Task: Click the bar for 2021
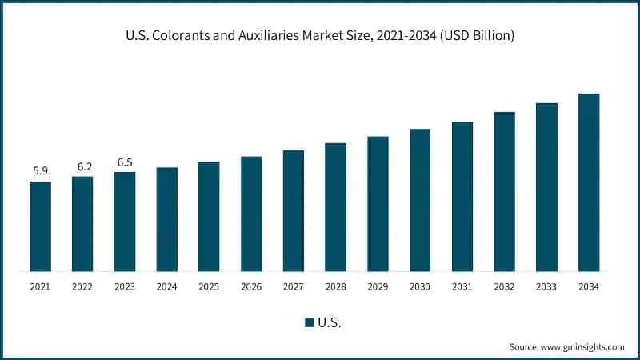(40, 226)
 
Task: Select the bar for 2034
(589, 182)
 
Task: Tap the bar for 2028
(335, 207)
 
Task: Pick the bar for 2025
(209, 216)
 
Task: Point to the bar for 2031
(462, 197)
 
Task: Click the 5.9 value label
(40, 170)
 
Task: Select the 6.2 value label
(82, 166)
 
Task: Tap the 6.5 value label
(125, 162)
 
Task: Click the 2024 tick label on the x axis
(166, 286)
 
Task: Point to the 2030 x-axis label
(420, 286)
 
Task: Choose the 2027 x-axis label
(294, 286)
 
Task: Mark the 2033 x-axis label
(546, 286)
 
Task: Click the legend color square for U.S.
(309, 322)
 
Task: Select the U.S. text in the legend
(331, 322)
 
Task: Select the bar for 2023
(125, 222)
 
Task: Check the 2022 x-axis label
(82, 286)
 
